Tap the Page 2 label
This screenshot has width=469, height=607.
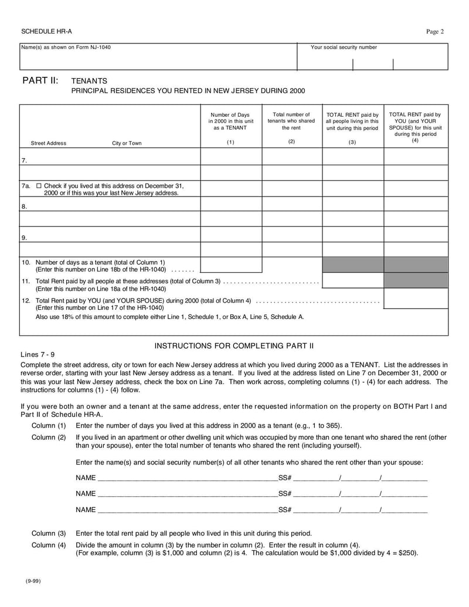coord(434,32)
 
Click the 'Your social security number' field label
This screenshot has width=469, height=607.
coord(344,48)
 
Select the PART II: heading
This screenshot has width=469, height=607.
coord(40,80)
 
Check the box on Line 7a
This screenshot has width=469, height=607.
coord(39,185)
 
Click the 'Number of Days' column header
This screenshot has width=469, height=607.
coord(230,121)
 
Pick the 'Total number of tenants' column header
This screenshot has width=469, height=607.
coord(291,121)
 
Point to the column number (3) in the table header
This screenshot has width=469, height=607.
coord(352,143)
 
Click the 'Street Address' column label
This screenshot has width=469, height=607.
coord(48,143)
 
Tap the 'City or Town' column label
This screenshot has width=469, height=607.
coord(127,143)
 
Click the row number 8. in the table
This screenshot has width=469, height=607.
coord(24,206)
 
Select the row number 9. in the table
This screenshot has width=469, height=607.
coord(24,238)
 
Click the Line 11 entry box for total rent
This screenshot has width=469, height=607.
coord(353,280)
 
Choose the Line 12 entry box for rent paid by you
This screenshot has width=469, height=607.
coord(416,299)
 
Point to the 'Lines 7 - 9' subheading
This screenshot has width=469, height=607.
coord(38,355)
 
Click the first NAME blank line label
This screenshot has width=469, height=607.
coord(86,477)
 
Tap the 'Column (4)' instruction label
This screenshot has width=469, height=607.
coord(49,545)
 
